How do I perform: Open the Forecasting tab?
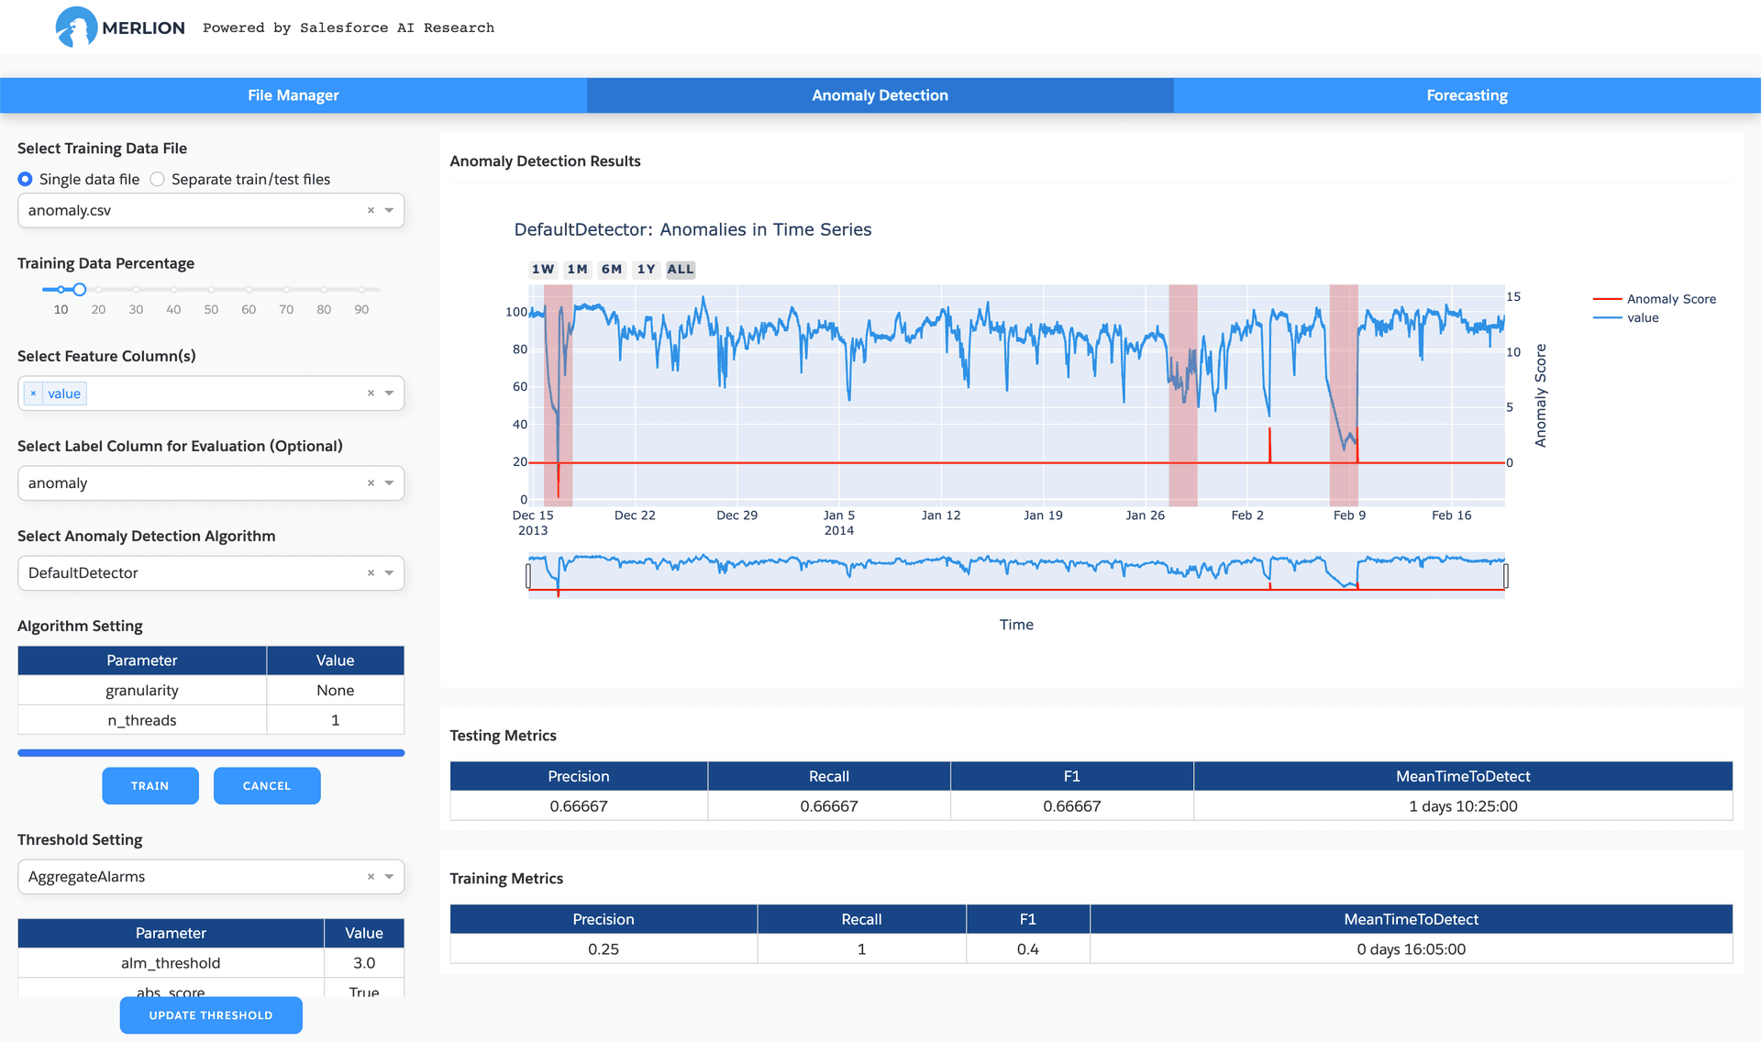(1467, 95)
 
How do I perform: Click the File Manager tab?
(293, 95)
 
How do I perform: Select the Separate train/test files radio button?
(158, 179)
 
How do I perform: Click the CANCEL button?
(267, 786)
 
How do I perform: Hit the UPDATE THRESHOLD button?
(211, 1015)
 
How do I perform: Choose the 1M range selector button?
(577, 270)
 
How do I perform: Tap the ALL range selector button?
(681, 270)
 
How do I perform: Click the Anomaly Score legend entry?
(1655, 299)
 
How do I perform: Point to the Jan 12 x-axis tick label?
(941, 515)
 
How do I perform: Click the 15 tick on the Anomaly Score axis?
(1513, 297)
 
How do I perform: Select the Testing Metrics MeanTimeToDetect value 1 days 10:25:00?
(1463, 806)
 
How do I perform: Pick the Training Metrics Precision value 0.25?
(604, 949)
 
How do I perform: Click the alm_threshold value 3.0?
(364, 963)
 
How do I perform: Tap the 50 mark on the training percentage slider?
(211, 309)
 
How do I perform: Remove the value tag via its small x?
(34, 394)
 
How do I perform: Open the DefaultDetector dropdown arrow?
(390, 573)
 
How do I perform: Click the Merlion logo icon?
(76, 28)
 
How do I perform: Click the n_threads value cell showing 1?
(336, 720)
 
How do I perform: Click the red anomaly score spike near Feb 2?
(1270, 445)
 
